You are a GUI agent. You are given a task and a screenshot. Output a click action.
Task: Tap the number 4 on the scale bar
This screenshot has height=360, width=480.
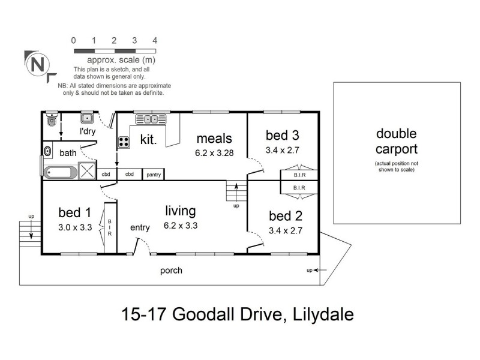coord(155,41)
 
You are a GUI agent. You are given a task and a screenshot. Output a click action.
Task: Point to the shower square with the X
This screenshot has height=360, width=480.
coord(88,170)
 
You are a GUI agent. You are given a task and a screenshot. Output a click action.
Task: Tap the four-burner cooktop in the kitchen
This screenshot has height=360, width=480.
coord(124,142)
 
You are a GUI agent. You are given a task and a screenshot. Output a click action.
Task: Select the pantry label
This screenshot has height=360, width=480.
coord(153,175)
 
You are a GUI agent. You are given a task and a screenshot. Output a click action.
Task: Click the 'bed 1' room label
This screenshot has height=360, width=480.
coord(74,212)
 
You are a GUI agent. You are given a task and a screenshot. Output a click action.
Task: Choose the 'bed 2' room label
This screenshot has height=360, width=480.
coord(285,215)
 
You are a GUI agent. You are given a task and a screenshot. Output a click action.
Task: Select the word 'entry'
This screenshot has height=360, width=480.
coord(140,227)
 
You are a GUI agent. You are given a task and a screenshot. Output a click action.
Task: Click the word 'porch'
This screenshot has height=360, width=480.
coord(171,271)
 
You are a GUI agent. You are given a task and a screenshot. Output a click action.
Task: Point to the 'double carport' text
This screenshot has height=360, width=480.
coord(396,142)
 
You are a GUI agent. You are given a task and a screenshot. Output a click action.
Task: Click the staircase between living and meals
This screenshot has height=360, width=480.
coord(234,192)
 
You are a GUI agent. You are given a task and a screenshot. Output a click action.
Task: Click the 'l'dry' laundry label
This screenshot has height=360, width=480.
coord(88,131)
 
